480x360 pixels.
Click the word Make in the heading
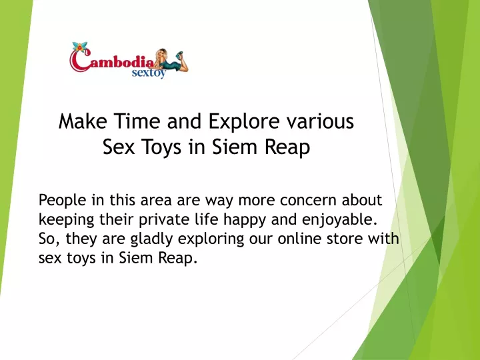click(x=83, y=121)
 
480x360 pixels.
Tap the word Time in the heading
click(x=137, y=121)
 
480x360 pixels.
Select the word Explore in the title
click(x=244, y=122)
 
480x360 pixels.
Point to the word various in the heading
click(x=320, y=121)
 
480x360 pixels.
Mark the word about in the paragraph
click(x=362, y=200)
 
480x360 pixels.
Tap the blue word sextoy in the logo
click(x=149, y=73)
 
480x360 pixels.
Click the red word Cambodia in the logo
click(x=112, y=61)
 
